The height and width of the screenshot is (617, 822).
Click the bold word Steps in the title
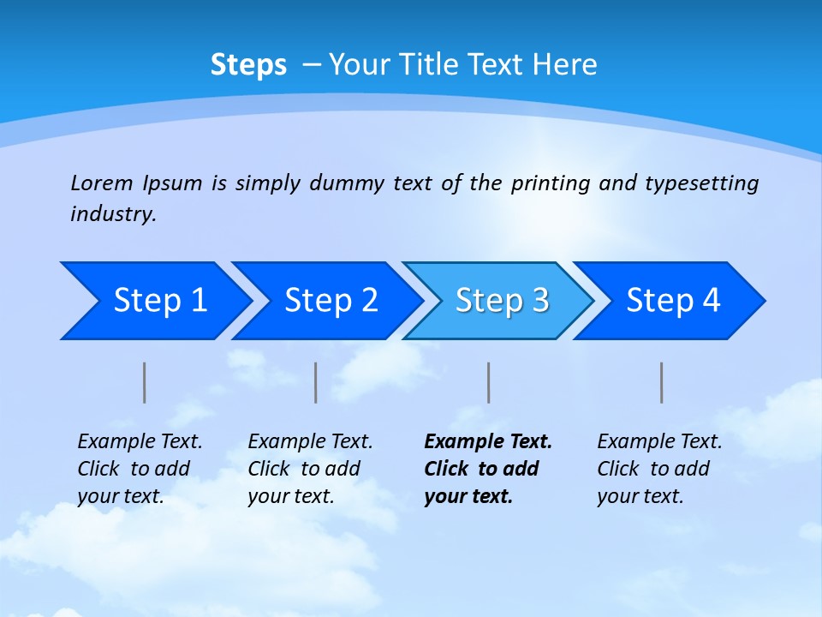[248, 65]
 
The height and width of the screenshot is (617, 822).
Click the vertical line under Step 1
[145, 382]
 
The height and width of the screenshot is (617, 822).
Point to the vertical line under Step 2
[316, 382]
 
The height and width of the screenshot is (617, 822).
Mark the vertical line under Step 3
[489, 382]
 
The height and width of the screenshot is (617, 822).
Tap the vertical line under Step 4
[662, 382]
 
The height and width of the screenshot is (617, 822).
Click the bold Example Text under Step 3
[488, 441]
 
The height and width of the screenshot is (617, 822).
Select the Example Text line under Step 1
[140, 441]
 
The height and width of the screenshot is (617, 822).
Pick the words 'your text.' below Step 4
[640, 496]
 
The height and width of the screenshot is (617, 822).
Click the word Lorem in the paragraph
[101, 183]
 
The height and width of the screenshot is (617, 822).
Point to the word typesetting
[702, 183]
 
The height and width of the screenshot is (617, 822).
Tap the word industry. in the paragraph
[113, 213]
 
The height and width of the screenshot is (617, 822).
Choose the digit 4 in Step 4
[711, 301]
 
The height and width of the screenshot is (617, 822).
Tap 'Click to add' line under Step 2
[304, 469]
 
